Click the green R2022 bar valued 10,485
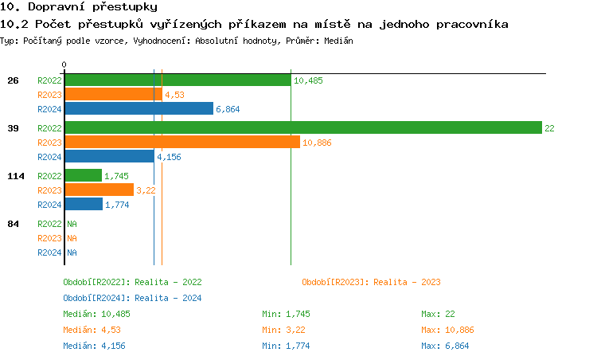point(178,80)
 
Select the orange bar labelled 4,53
point(112,95)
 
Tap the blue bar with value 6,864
point(139,109)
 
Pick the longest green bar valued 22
point(302,128)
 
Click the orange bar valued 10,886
point(181,143)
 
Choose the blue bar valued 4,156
point(109,157)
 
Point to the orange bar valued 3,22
point(99,190)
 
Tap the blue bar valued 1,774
point(84,205)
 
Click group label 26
point(13,80)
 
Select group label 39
point(13,128)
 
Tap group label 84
point(13,224)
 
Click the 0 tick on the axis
point(64,65)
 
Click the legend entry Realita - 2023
point(372,282)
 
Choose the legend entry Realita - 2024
point(132,298)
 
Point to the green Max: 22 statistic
point(439,314)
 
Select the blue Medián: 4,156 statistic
point(94,346)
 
